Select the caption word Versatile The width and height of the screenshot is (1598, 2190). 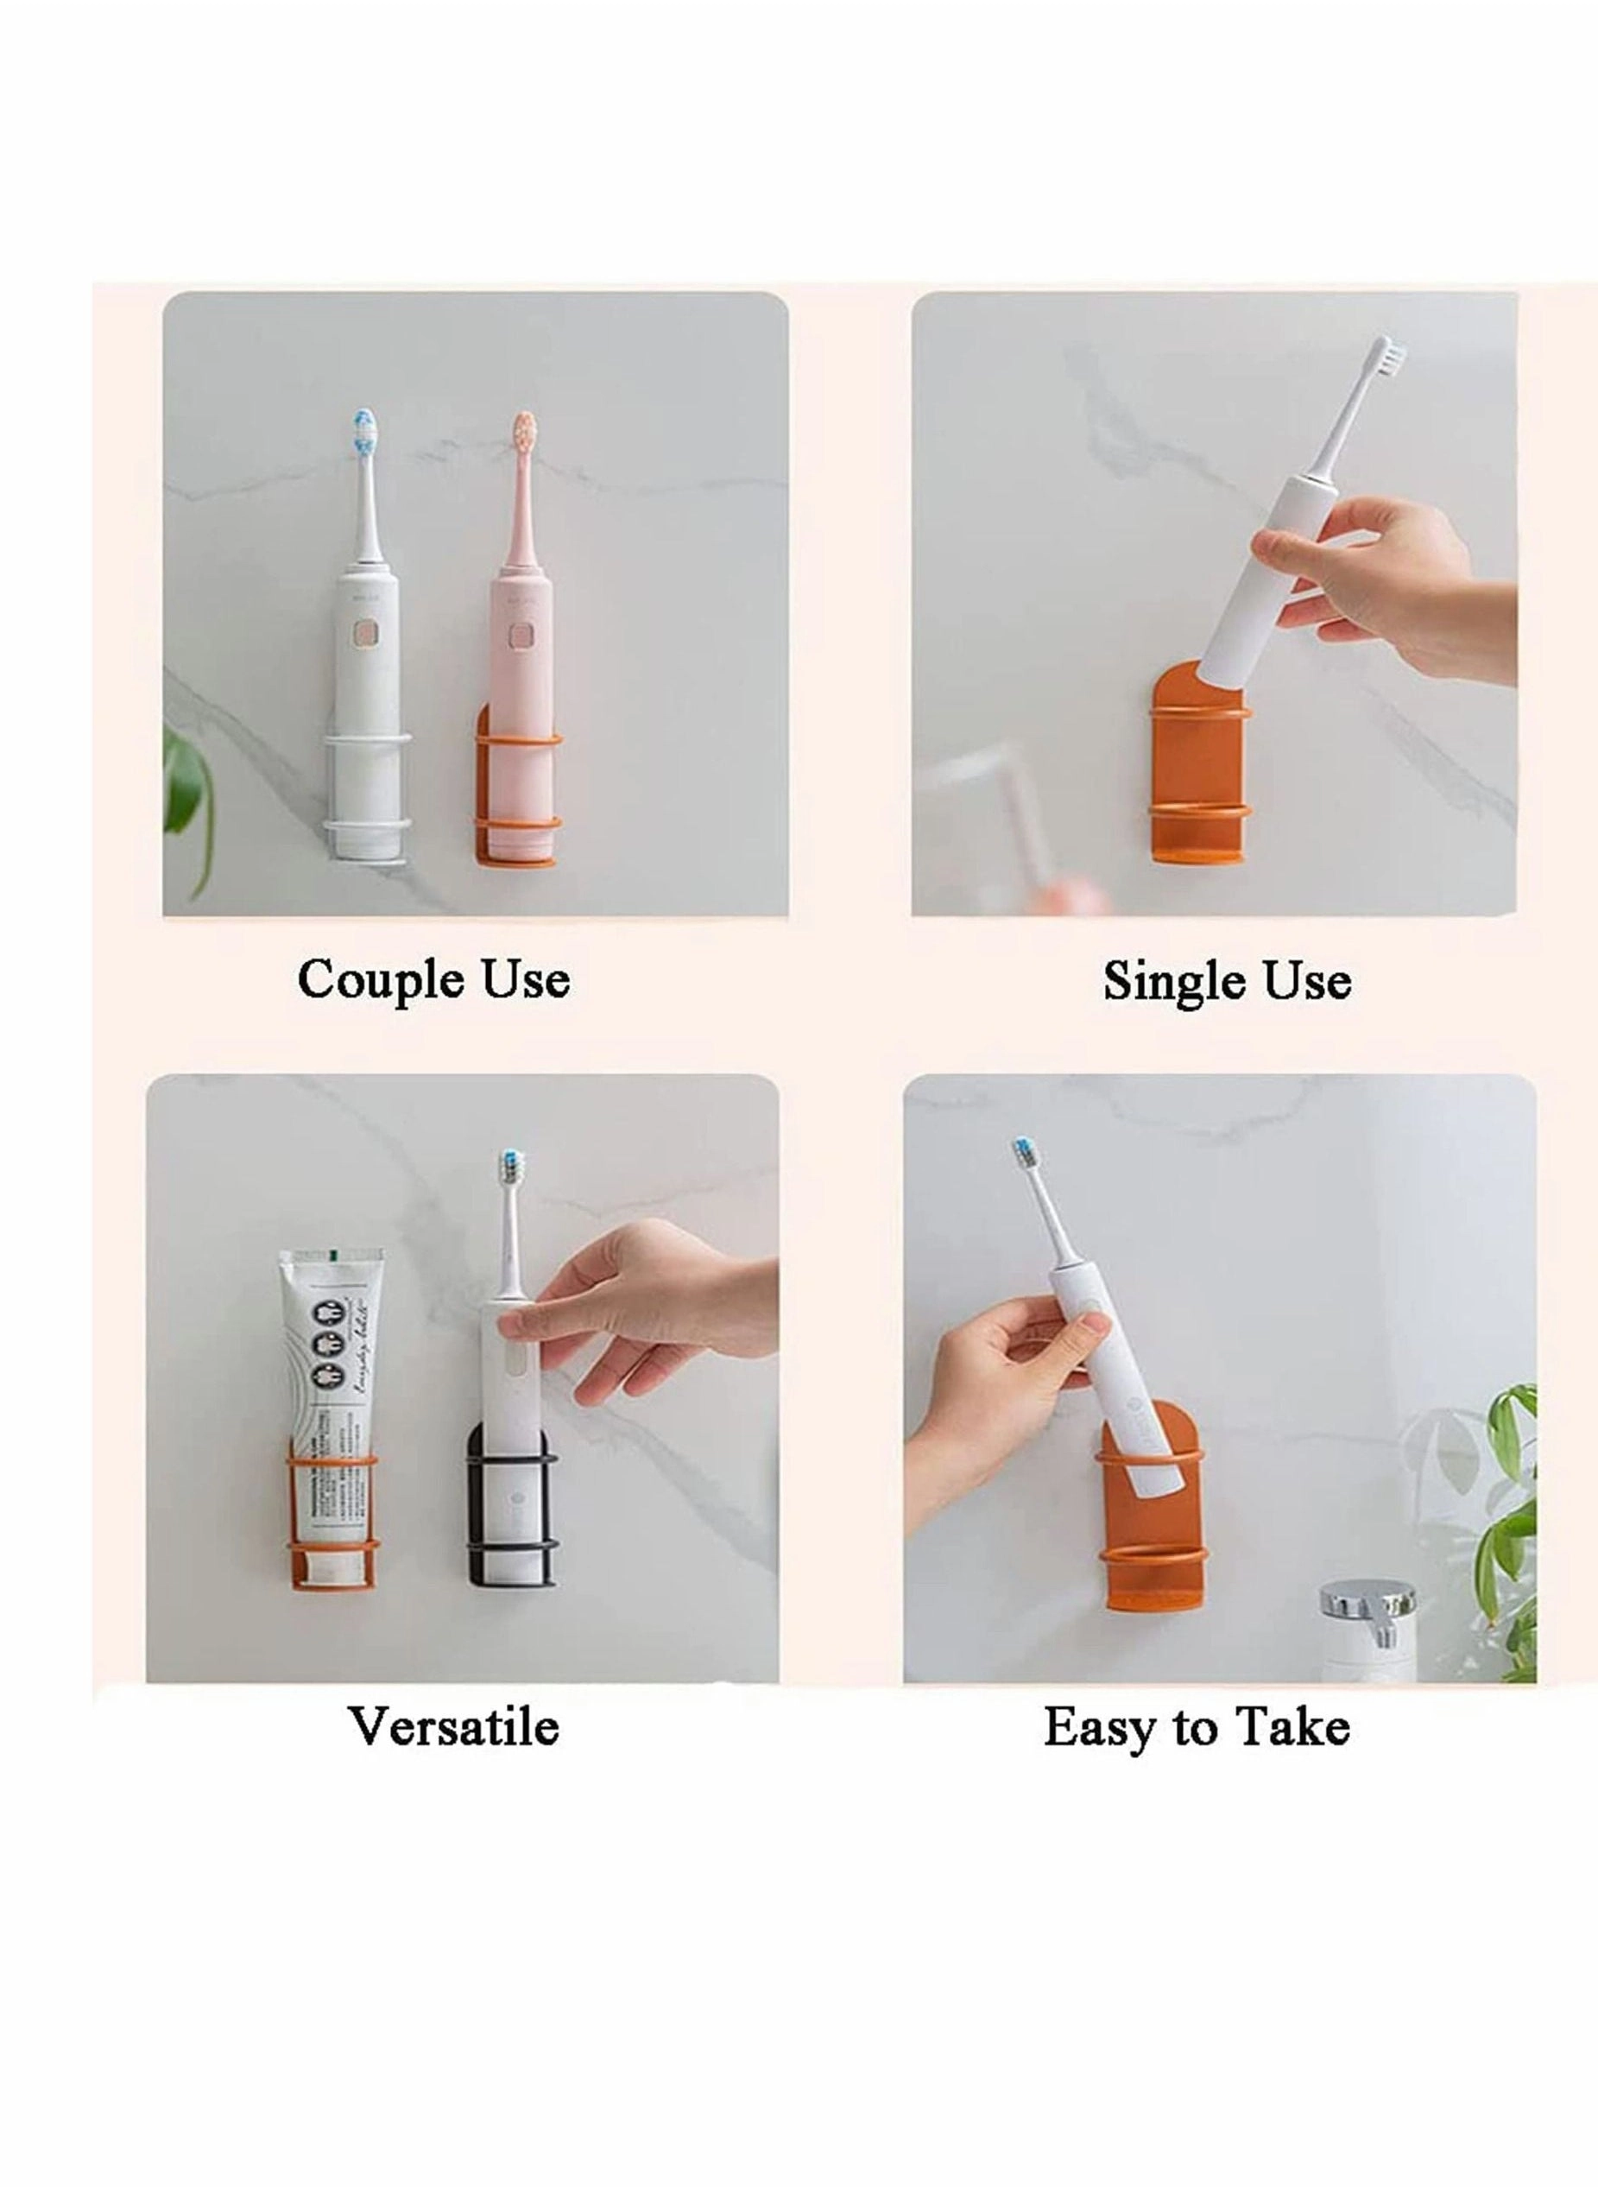(452, 1726)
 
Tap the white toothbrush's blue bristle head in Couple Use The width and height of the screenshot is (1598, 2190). (364, 433)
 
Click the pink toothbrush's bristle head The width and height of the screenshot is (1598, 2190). (524, 433)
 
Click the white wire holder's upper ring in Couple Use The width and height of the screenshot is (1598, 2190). (369, 742)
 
